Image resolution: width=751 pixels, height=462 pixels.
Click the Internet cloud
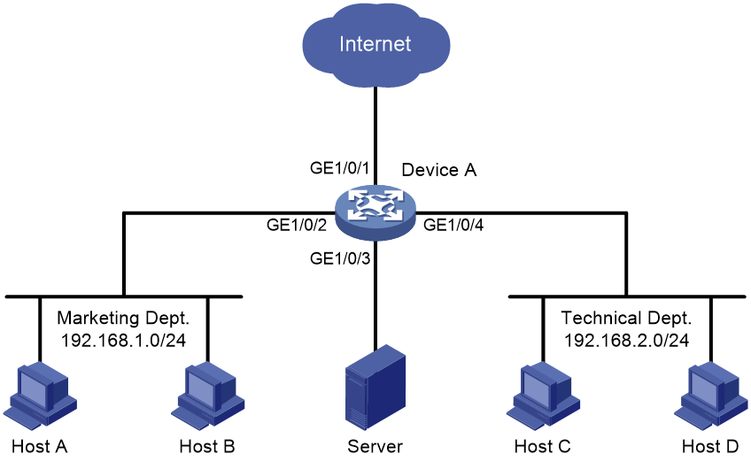click(376, 44)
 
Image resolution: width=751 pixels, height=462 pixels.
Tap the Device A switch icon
click(375, 212)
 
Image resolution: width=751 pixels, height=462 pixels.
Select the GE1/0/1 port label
click(339, 168)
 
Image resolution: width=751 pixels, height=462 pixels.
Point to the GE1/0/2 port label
click(297, 225)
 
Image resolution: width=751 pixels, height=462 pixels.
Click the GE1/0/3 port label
click(340, 258)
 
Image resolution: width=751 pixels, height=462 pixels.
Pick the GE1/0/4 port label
click(453, 225)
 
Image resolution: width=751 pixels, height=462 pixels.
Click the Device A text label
click(438, 170)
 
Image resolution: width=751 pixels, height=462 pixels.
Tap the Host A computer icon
click(40, 396)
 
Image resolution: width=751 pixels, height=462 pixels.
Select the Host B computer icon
click(208, 396)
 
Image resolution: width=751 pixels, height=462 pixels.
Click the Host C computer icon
click(543, 396)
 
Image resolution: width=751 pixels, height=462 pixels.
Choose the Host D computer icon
click(711, 396)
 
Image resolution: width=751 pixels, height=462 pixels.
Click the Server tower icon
click(375, 387)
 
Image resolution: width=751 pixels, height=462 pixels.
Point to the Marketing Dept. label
click(123, 319)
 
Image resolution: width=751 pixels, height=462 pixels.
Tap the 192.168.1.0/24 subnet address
click(123, 341)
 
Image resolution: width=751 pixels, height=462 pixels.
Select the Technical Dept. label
click(626, 319)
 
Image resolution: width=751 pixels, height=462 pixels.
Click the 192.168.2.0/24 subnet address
click(626, 341)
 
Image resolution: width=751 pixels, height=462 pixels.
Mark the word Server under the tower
click(375, 446)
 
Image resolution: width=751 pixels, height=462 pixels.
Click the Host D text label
click(710, 446)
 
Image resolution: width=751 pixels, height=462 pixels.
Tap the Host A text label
click(39, 446)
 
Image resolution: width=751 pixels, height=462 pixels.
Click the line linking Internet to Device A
click(375, 136)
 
